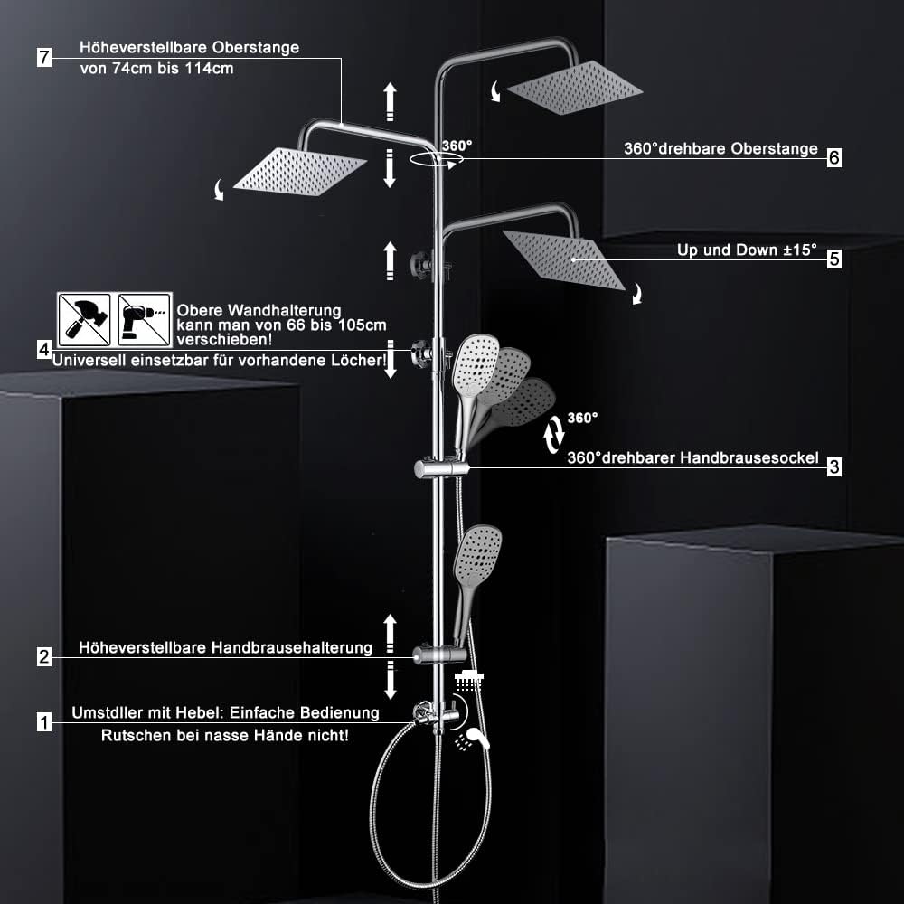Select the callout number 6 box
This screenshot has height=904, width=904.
[x=834, y=157]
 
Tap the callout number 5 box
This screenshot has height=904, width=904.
[x=834, y=259]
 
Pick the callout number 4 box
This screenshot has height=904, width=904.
[x=43, y=349]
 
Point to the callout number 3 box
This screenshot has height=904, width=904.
[x=834, y=466]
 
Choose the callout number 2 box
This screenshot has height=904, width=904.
[x=43, y=657]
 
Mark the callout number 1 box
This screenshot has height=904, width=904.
[x=43, y=721]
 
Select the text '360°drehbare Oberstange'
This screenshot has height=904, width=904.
[x=720, y=149]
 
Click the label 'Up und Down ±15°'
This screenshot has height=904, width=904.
[x=747, y=250]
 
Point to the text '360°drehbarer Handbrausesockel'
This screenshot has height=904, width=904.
[x=692, y=458]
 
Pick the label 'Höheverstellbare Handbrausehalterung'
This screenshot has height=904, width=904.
[x=225, y=647]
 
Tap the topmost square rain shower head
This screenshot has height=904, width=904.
[x=575, y=88]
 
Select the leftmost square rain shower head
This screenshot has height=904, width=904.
[x=299, y=170]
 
